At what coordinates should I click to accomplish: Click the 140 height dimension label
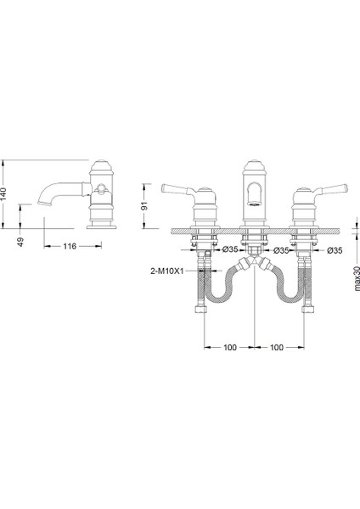coord(3,194)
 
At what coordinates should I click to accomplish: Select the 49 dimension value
coord(20,242)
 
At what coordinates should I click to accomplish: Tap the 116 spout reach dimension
coord(70,246)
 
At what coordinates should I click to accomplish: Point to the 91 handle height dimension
coord(144,206)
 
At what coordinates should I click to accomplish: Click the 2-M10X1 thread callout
coord(167,271)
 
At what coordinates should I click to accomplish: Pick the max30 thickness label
coord(357,278)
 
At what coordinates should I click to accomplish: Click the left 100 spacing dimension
coord(230,347)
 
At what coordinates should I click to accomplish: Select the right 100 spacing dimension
coord(277,347)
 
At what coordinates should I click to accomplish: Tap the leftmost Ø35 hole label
coord(230,249)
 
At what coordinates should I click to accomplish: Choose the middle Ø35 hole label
coord(281,250)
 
